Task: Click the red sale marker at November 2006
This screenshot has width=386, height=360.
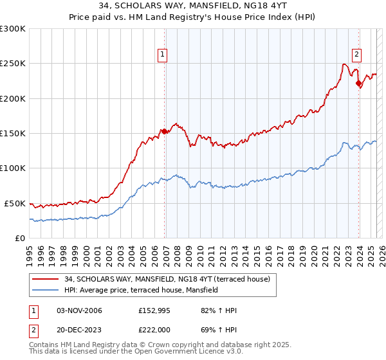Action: tap(164, 131)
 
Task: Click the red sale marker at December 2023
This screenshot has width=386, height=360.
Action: tap(358, 83)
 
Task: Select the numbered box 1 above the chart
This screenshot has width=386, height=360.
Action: tap(163, 55)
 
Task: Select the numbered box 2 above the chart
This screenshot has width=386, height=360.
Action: tap(356, 55)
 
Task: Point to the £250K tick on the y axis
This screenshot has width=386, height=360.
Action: tap(13, 64)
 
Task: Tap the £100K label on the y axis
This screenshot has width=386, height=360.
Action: tap(13, 168)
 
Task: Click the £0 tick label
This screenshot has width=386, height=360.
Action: tap(19, 238)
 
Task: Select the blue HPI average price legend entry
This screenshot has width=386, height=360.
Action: tap(141, 290)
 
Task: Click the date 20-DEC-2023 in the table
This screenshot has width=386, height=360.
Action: tap(80, 329)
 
